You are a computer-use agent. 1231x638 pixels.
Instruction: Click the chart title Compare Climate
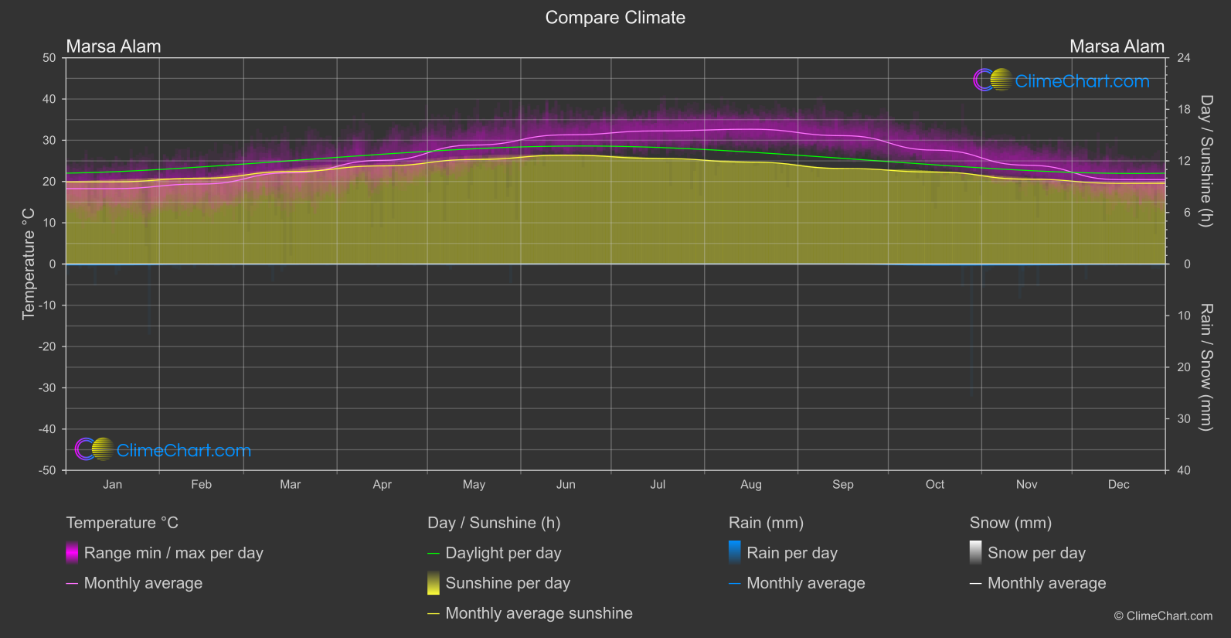[x=615, y=18]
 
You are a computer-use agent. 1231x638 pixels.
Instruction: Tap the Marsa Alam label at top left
[x=114, y=46]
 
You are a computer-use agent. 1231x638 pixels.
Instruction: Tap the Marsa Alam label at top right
[x=1117, y=46]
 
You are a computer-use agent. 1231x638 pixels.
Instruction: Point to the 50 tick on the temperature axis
[x=49, y=58]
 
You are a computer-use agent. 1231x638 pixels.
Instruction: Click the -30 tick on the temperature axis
[x=48, y=388]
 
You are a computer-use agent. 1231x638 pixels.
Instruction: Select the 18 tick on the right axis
[x=1183, y=110]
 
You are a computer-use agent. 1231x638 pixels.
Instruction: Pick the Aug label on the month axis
[x=750, y=485]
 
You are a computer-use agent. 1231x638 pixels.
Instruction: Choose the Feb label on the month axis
[x=201, y=485]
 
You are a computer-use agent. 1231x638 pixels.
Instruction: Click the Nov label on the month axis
[x=1026, y=485]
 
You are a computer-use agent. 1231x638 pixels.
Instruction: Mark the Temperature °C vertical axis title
[x=29, y=264]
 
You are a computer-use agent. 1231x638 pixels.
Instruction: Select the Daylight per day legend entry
[x=503, y=553]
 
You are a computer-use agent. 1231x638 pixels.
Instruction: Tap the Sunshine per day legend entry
[x=508, y=583]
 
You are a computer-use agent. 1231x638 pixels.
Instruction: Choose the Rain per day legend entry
[x=791, y=553]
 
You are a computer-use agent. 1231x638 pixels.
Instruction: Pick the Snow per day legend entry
[x=1036, y=553]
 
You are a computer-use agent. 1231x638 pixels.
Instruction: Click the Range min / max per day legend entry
[x=173, y=553]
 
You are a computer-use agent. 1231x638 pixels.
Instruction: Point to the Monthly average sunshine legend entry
[x=539, y=613]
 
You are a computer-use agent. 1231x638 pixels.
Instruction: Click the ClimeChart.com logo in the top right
[x=1061, y=80]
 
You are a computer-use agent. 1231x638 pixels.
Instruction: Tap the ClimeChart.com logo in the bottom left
[x=163, y=450]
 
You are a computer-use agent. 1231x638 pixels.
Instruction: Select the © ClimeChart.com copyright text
[x=1163, y=616]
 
